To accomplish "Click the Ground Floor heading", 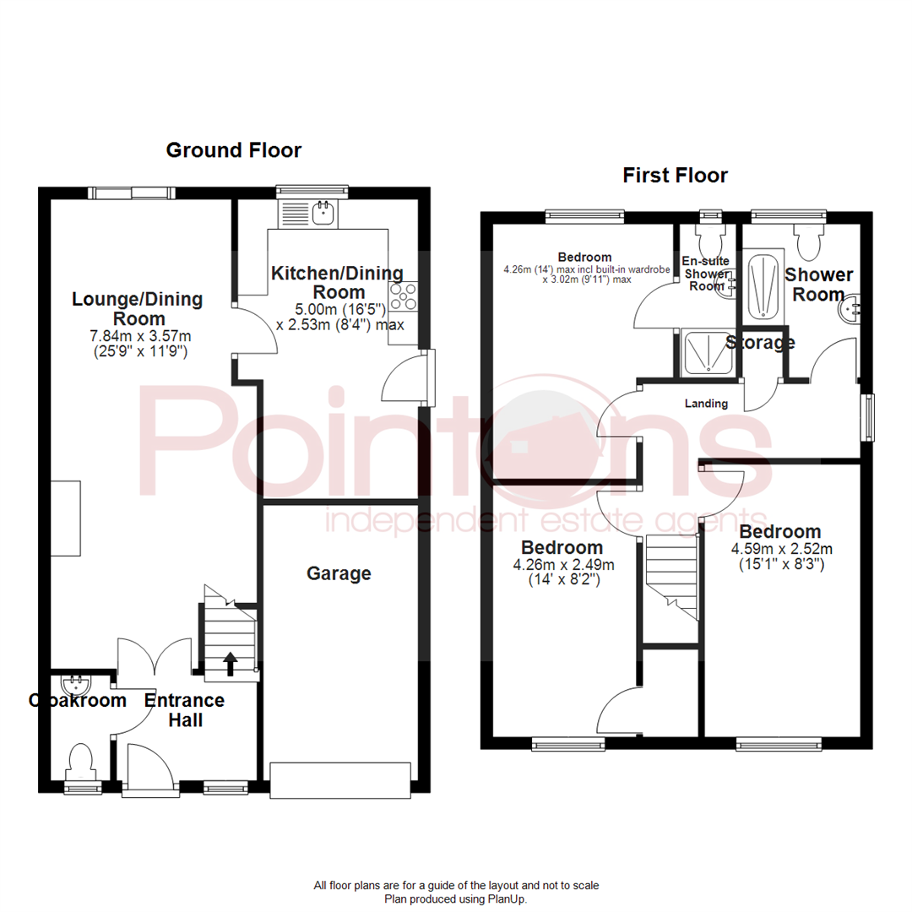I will click(x=233, y=150).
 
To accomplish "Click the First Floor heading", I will click(x=675, y=176).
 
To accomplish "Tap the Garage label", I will click(x=339, y=573).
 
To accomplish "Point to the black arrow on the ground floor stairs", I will click(x=229, y=664).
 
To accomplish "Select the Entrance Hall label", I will click(x=184, y=710).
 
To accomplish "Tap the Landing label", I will click(x=706, y=404).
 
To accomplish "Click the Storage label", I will click(x=760, y=343).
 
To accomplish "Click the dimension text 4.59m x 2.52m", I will click(x=779, y=548).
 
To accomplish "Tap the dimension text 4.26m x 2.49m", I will click(x=562, y=564).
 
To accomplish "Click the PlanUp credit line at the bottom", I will click(x=456, y=899).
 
